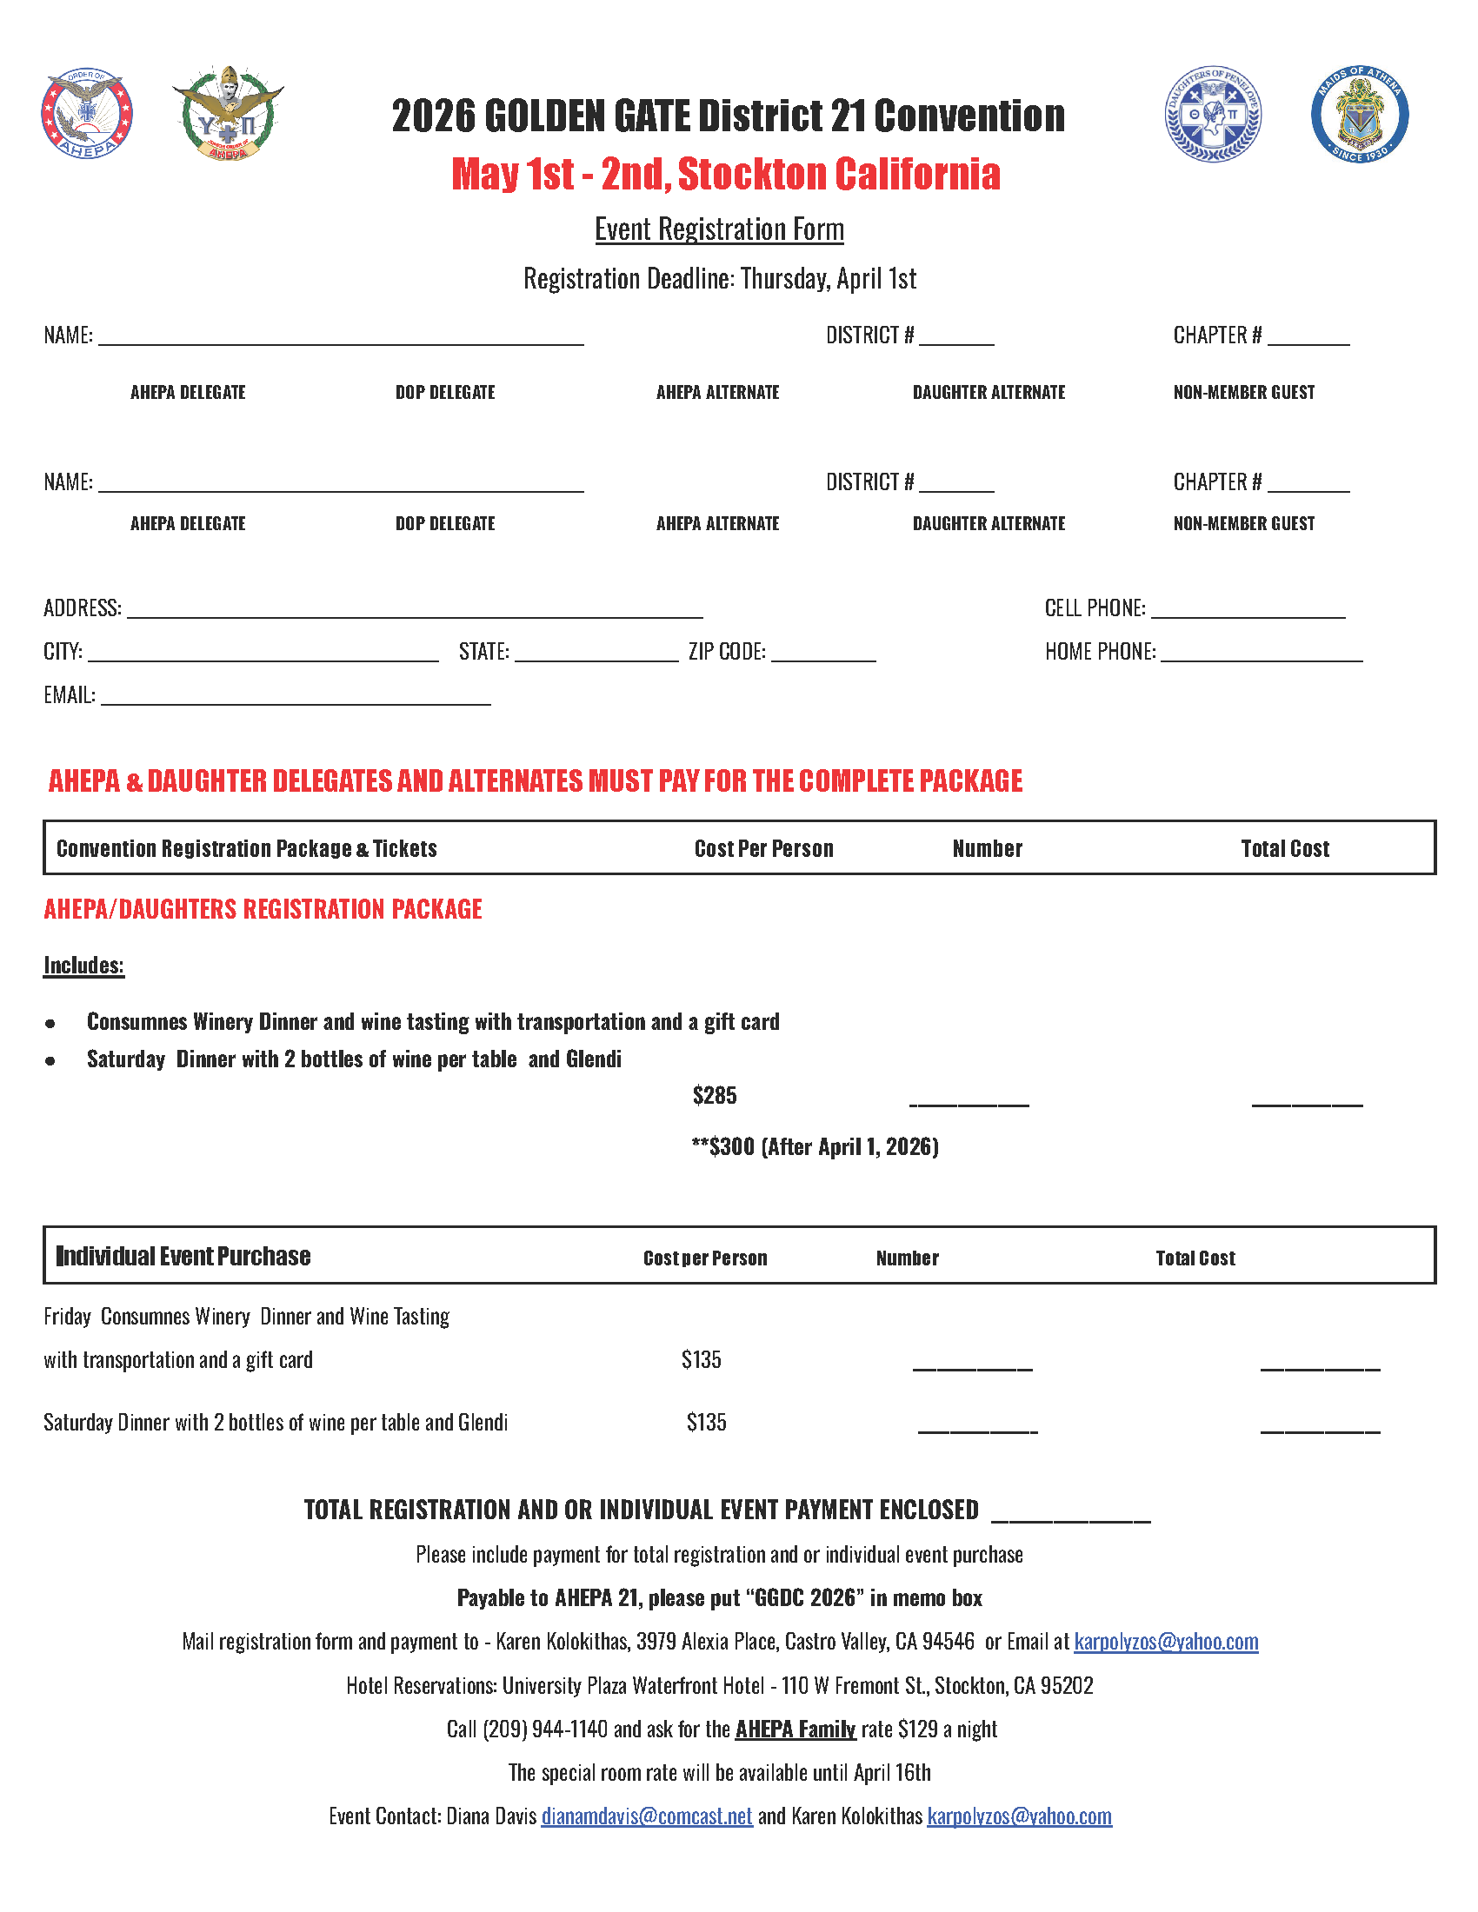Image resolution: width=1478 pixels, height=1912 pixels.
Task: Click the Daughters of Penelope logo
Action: pyautogui.click(x=1213, y=115)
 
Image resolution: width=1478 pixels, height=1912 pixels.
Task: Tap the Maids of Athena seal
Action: pyautogui.click(x=1359, y=115)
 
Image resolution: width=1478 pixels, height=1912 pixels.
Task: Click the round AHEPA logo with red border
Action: pyautogui.click(x=87, y=115)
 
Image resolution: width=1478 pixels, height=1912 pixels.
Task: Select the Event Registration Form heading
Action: pyautogui.click(x=719, y=229)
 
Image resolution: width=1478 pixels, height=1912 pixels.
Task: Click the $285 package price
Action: pyautogui.click(x=715, y=1095)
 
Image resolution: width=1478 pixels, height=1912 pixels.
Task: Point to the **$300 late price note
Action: pyautogui.click(x=815, y=1147)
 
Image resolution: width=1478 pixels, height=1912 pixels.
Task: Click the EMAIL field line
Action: pyautogui.click(x=295, y=700)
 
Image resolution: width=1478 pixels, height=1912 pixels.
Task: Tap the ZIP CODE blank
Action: pyautogui.click(x=823, y=656)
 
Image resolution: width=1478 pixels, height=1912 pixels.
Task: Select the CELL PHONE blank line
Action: pyautogui.click(x=1248, y=613)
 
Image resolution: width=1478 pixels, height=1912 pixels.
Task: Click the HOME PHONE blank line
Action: pyautogui.click(x=1261, y=656)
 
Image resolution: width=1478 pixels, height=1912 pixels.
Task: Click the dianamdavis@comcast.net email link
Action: pyautogui.click(x=646, y=1816)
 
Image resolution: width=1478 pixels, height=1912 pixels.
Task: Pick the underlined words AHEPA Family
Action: pyautogui.click(x=795, y=1729)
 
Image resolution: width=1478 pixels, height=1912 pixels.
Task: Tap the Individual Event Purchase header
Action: pyautogui.click(x=183, y=1257)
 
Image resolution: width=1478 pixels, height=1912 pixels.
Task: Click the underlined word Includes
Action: pyautogui.click(x=84, y=966)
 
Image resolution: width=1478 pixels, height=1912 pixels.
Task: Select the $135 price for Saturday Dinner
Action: pyautogui.click(x=706, y=1423)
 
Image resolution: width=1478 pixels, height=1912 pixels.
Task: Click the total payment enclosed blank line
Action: pyautogui.click(x=1071, y=1517)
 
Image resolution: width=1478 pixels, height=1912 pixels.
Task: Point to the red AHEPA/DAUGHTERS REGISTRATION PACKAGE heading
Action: pyautogui.click(x=263, y=910)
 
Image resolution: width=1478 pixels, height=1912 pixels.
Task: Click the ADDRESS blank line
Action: pyautogui.click(x=414, y=613)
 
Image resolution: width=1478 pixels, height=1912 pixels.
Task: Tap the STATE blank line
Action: pyautogui.click(x=596, y=656)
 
